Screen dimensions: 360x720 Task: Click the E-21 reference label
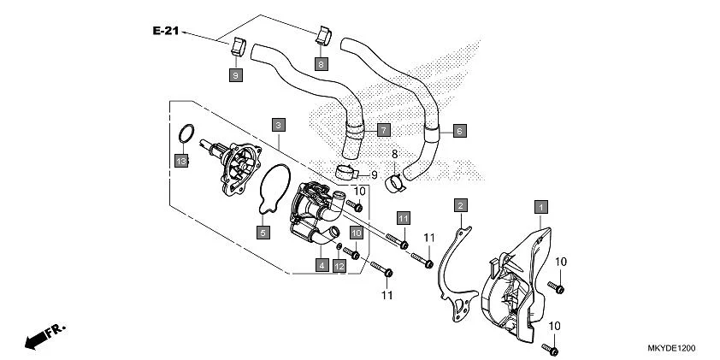click(x=167, y=32)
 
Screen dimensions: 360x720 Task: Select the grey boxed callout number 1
click(x=540, y=206)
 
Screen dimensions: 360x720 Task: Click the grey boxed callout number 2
click(x=460, y=205)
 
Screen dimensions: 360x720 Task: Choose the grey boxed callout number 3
click(x=278, y=125)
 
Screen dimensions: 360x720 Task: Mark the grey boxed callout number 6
click(x=458, y=131)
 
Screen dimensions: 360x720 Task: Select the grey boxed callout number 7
click(x=383, y=130)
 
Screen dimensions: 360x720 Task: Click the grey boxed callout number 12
click(x=339, y=267)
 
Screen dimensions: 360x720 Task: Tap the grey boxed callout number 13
click(x=181, y=160)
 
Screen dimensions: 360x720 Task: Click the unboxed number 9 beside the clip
click(x=374, y=175)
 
